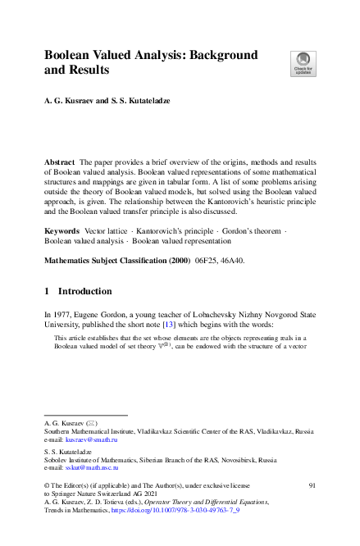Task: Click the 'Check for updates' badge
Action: [302, 62]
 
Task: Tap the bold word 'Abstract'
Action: [61, 163]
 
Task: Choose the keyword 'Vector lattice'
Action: [106, 232]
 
